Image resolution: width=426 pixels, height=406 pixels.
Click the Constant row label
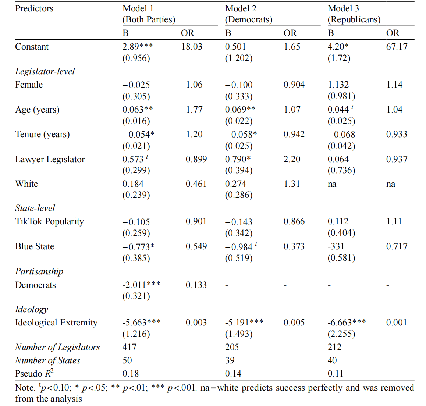[x=32, y=47]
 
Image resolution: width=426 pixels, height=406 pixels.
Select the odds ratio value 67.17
[x=397, y=47]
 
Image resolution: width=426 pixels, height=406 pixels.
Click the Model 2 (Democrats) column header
[x=248, y=14]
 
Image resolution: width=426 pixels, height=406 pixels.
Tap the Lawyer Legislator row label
[x=50, y=159]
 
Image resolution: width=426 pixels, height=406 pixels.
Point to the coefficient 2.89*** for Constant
[x=138, y=47]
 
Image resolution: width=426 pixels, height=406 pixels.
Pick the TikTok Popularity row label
[x=49, y=221]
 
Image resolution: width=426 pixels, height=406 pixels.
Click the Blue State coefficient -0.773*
[x=138, y=247]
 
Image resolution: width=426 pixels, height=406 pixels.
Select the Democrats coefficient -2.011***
[x=141, y=285]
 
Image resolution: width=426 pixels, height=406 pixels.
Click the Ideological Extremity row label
[x=56, y=323]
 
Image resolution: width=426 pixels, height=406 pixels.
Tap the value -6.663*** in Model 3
[x=347, y=323]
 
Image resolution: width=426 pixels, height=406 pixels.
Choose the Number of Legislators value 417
[x=129, y=347]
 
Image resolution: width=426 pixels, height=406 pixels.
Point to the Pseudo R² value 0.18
[x=131, y=374]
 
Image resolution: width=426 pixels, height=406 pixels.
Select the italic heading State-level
[x=35, y=208]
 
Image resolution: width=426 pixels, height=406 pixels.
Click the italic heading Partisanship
[x=39, y=271]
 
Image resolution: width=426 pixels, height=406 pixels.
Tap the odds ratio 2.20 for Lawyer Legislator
[x=292, y=159]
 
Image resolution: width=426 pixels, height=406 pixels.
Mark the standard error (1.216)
[x=136, y=334]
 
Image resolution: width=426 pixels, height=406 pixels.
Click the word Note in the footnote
[x=25, y=388]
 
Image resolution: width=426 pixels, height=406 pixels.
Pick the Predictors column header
[x=34, y=8]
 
